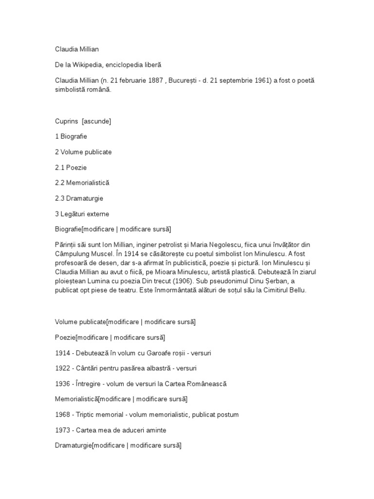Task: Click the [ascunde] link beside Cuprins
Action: (96, 121)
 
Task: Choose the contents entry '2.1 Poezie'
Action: (71, 167)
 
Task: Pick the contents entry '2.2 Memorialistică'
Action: (82, 183)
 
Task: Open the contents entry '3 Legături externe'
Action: (82, 213)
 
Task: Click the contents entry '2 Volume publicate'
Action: (83, 152)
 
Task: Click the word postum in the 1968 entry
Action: (227, 415)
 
